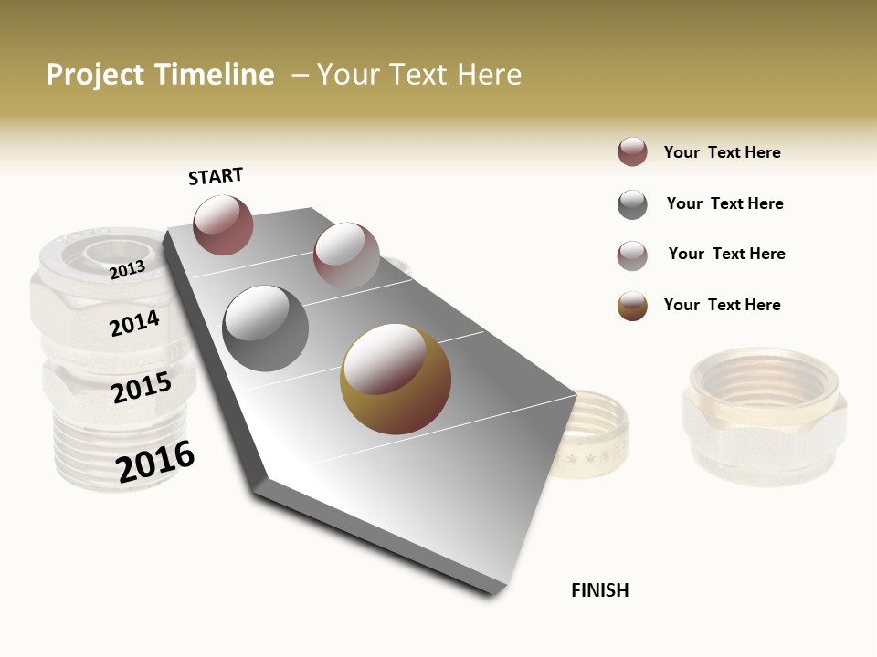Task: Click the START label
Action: (216, 176)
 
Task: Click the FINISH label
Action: (599, 590)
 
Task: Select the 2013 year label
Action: (127, 269)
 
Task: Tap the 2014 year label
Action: (135, 323)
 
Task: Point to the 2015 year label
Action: (142, 388)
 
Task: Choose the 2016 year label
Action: (155, 461)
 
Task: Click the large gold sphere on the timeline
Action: (396, 380)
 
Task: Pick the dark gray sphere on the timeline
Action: (265, 328)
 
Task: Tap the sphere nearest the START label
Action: (223, 224)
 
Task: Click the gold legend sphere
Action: (632, 306)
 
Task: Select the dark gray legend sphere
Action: (632, 204)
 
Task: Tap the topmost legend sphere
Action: (632, 152)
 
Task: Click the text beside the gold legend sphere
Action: (722, 305)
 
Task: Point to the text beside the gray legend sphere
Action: (724, 203)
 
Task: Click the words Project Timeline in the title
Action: (160, 75)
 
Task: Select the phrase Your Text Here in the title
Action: (418, 75)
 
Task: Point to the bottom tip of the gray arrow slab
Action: (493, 591)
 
